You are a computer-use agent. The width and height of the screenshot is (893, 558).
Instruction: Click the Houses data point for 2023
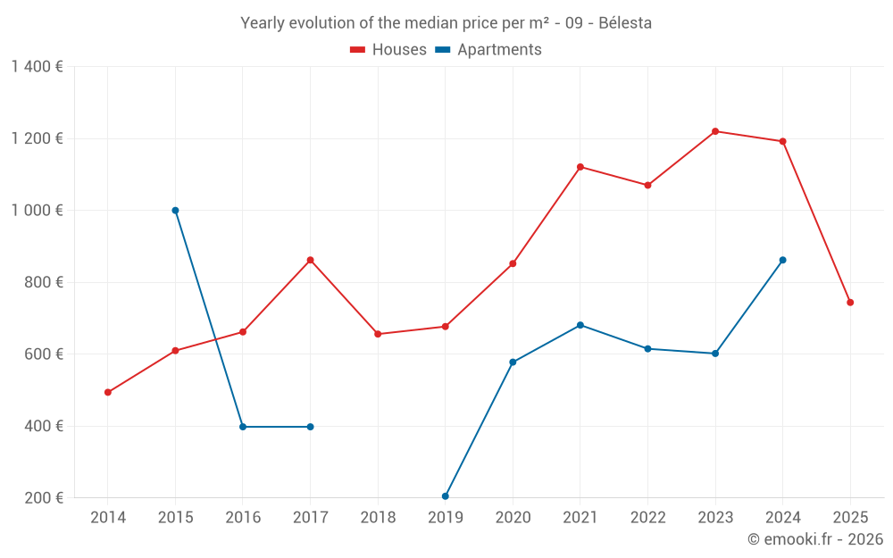(715, 131)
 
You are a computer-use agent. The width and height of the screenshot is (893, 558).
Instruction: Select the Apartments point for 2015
(175, 211)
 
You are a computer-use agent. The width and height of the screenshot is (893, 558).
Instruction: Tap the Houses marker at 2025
(850, 303)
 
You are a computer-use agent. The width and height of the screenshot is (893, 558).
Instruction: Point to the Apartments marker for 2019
(446, 496)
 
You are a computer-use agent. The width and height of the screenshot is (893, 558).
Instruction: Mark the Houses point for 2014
(108, 392)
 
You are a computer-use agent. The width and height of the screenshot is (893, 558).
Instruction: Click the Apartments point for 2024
(783, 260)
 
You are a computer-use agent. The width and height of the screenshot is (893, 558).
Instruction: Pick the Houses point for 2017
(310, 260)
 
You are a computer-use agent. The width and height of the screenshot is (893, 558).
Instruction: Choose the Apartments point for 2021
(580, 325)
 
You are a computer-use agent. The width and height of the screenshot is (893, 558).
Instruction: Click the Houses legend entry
(388, 50)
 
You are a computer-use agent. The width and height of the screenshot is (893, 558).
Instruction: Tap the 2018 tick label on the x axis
(378, 517)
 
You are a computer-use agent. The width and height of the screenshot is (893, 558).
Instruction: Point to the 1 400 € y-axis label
(37, 67)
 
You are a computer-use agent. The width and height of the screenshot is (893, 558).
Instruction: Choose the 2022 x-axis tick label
(647, 517)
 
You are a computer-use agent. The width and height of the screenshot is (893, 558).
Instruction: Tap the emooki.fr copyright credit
(815, 539)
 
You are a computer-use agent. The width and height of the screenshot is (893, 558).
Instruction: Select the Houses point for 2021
(580, 167)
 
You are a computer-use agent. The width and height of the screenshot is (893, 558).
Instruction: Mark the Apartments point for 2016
(243, 427)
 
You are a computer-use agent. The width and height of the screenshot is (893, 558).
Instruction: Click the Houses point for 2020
(513, 263)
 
